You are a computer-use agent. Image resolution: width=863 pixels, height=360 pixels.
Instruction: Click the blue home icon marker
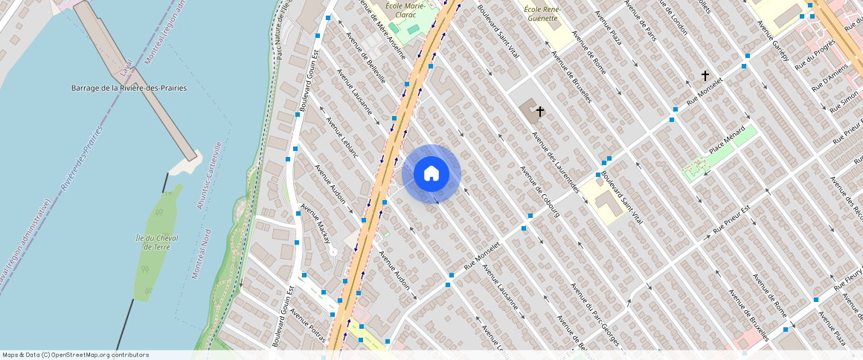tap(431, 174)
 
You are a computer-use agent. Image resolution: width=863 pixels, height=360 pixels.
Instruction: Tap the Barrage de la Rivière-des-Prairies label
tap(129, 88)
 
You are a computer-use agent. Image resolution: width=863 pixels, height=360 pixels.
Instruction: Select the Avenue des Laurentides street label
tap(555, 162)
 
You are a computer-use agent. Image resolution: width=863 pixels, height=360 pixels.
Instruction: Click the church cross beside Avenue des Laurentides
tap(539, 112)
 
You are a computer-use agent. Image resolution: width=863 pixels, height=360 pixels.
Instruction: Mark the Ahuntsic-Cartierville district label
tap(209, 176)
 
